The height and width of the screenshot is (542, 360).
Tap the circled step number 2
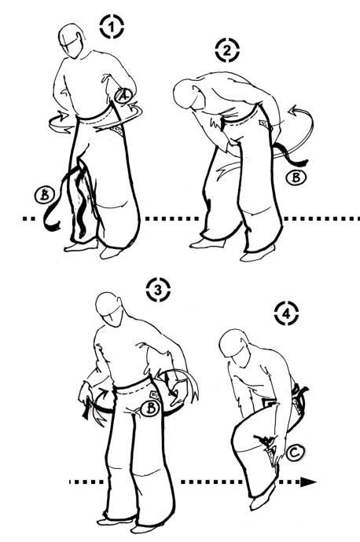coord(227,50)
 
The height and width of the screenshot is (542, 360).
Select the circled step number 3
coord(158,290)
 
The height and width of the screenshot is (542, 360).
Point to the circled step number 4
coord(286,313)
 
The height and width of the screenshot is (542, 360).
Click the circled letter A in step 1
coord(123,95)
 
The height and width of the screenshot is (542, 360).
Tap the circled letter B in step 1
coord(45,196)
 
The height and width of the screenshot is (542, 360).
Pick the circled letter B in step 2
coord(296,178)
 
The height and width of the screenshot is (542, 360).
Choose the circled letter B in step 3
coord(151,408)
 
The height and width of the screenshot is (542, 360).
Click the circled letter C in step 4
coord(295,452)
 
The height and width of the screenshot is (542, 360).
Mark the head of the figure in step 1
coord(72,40)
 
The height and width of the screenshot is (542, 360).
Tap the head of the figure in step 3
coord(109,309)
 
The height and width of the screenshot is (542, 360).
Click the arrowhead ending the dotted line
coord(308,482)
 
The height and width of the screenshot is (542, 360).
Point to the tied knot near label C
coord(266,441)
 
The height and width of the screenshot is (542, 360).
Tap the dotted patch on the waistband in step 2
coord(264,123)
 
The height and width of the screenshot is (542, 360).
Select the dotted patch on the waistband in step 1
coord(116,130)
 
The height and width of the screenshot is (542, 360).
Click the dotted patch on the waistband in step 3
coord(155,395)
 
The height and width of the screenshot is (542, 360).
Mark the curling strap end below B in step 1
coord(52,222)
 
